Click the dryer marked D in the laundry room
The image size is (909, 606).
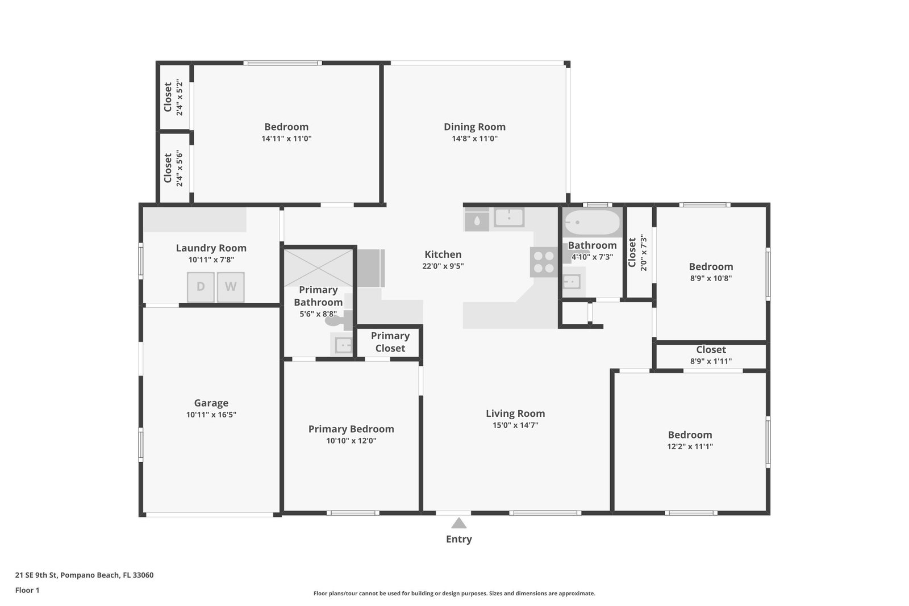(201, 287)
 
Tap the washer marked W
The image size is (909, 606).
(231, 287)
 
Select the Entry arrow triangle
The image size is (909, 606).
(459, 523)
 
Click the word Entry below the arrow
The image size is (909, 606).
(459, 539)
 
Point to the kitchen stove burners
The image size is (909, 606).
(544, 262)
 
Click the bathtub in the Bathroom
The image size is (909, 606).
(593, 222)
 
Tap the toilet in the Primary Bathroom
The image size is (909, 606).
(339, 320)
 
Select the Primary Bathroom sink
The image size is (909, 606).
(343, 345)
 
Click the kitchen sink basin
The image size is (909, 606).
(509, 217)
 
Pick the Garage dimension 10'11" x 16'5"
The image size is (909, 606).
(211, 415)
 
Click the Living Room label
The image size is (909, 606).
(515, 413)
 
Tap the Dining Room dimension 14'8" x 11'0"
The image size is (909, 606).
(475, 139)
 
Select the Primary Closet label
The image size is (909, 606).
(390, 342)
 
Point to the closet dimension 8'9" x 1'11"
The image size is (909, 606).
(711, 361)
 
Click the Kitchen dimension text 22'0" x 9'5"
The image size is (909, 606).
(443, 266)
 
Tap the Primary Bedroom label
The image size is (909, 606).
(351, 429)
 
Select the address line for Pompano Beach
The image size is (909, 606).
(85, 575)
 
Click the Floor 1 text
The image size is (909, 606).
(27, 590)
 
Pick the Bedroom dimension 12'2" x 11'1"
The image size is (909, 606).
(690, 446)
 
